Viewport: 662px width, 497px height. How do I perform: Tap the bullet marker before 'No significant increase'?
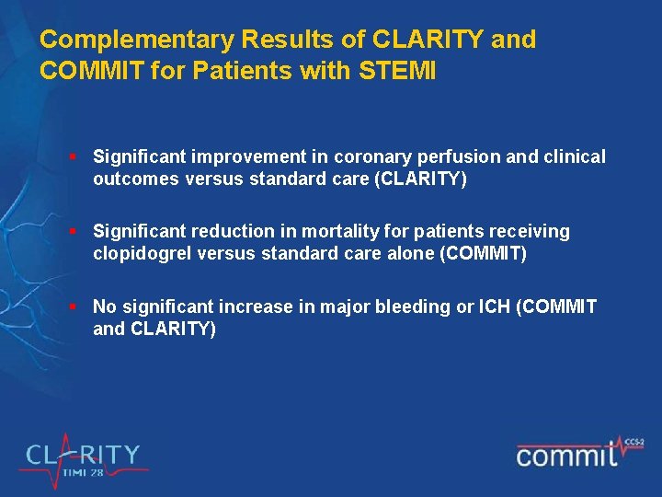coord(81,306)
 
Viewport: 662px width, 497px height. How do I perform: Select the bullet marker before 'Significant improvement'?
coord(81,157)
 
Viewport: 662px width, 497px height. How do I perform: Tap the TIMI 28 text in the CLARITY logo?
coord(84,472)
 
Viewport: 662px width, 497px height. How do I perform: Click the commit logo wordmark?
coord(565,454)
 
